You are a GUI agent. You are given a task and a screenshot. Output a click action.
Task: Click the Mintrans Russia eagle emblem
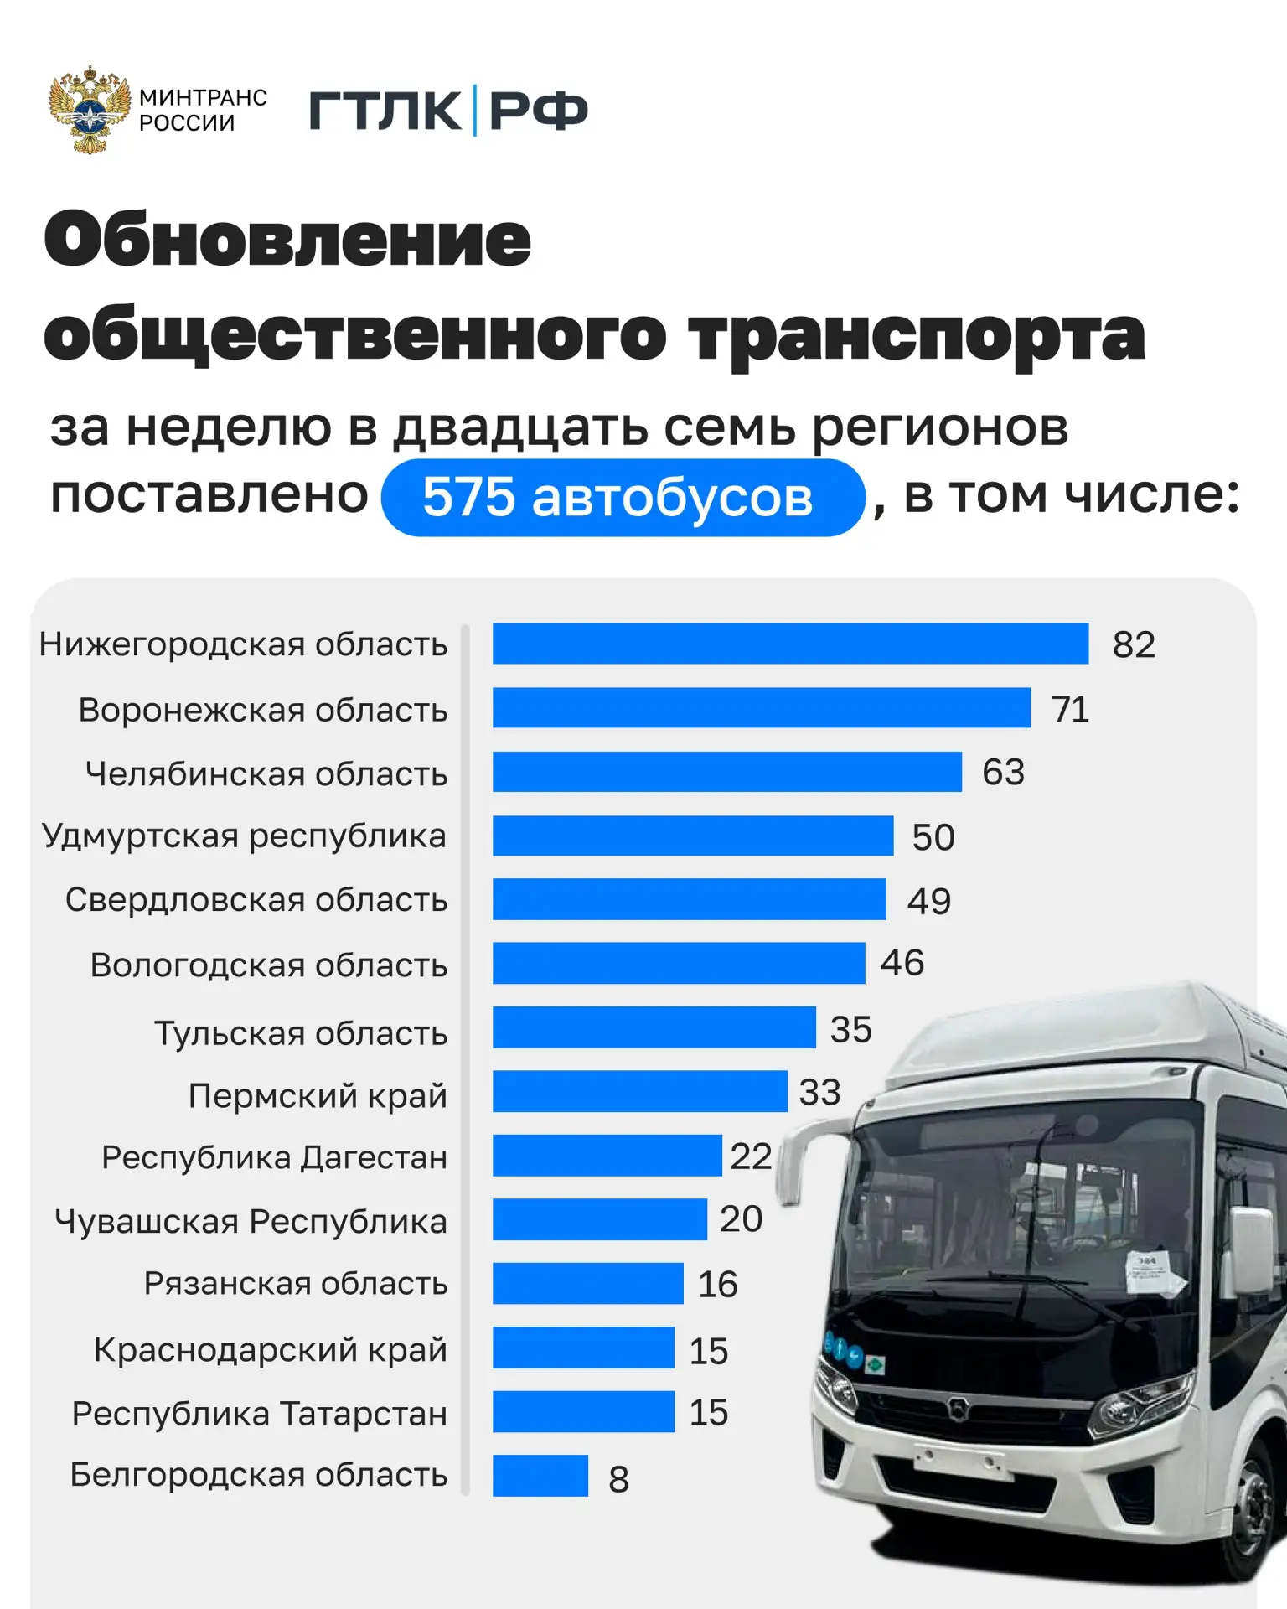pos(90,110)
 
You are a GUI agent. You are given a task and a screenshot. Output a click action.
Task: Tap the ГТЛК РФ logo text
pos(448,111)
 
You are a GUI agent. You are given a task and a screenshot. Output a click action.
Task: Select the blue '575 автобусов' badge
pos(622,497)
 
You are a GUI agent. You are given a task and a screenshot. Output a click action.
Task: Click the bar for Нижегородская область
pos(790,644)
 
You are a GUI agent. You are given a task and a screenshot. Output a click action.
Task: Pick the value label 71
pos(1070,710)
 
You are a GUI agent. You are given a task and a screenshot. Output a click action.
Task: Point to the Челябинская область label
pos(266,773)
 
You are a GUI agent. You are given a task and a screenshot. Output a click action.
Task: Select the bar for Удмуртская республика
pos(693,836)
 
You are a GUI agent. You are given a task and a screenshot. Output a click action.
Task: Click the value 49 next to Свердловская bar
pos(929,901)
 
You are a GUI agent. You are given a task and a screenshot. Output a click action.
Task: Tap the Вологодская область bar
pos(679,964)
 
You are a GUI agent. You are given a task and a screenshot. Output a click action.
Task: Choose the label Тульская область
pos(301,1032)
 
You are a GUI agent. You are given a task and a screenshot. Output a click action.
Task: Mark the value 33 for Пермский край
pos(819,1092)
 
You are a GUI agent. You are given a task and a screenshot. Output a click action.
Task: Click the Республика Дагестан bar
pos(607,1156)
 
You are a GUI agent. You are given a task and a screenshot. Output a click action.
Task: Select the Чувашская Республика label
pos(251,1221)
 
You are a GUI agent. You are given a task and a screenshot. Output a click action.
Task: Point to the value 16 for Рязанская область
pos(718,1284)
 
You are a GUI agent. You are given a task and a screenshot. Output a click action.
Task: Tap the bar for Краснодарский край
pos(583,1348)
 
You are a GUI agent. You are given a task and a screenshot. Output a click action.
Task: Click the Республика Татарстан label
pos(260,1413)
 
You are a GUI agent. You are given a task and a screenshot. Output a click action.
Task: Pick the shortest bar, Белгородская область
pos(540,1476)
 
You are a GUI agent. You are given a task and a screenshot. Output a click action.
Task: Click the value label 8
pos(618,1479)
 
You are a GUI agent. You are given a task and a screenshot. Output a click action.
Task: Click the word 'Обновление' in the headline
pos(287,240)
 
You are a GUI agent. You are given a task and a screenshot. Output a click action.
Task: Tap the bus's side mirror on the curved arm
pos(790,1165)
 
